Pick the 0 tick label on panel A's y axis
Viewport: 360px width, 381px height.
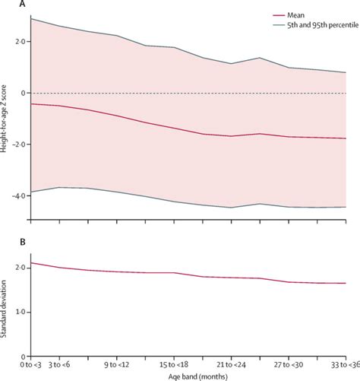24,93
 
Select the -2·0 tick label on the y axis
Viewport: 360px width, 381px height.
20,144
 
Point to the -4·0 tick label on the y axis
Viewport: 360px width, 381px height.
20,195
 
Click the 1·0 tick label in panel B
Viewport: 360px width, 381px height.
21,312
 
